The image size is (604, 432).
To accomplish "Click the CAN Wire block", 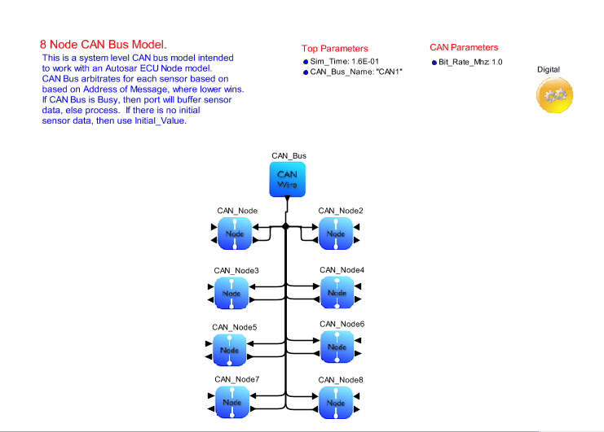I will point(286,178).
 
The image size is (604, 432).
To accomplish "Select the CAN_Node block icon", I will point(235,233).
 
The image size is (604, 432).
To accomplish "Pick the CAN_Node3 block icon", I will point(232,293).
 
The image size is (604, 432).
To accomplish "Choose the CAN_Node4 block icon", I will point(337,292).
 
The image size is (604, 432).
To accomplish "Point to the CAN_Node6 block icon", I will point(337,347).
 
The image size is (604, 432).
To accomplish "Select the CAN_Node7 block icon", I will point(232,402).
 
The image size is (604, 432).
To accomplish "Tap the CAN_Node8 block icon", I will point(336,402).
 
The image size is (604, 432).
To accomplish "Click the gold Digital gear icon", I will point(555,96).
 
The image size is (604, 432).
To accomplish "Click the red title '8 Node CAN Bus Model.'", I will point(104,44).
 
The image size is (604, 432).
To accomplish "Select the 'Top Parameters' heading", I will point(334,49).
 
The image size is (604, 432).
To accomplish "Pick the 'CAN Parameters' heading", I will point(464,47).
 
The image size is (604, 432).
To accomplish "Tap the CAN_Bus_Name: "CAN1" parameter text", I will point(356,72).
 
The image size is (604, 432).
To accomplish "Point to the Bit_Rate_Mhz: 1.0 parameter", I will point(470,62).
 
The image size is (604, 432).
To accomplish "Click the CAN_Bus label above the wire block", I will point(289,155).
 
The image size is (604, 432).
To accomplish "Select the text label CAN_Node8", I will point(341,380).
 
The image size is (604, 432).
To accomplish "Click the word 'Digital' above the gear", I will point(549,70).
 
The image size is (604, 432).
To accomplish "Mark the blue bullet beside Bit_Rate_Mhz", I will point(434,63).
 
